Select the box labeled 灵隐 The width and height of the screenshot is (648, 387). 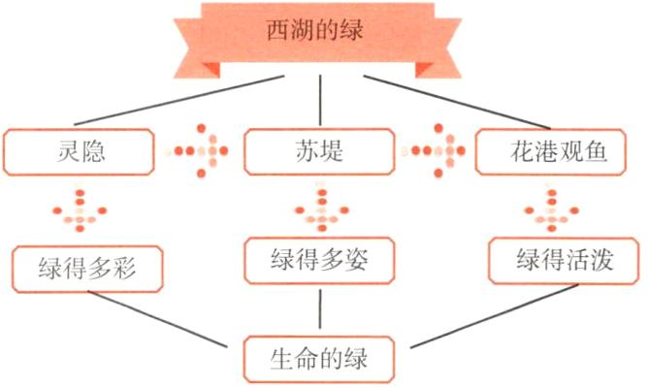coord(81,151)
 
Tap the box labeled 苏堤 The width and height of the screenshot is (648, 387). coord(320,151)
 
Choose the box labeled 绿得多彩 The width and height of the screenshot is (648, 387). coord(88,268)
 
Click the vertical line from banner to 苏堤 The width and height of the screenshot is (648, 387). coord(320,100)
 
